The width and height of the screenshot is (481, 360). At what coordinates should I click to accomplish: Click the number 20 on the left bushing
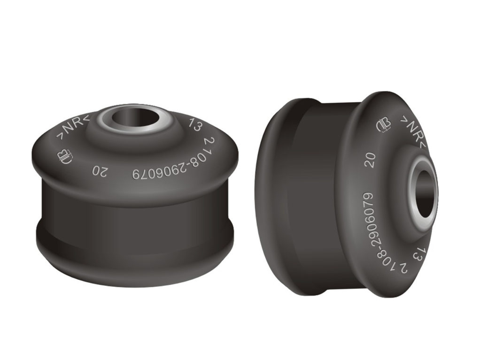(x=100, y=172)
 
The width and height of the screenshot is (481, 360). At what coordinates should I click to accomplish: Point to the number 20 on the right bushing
(x=371, y=160)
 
